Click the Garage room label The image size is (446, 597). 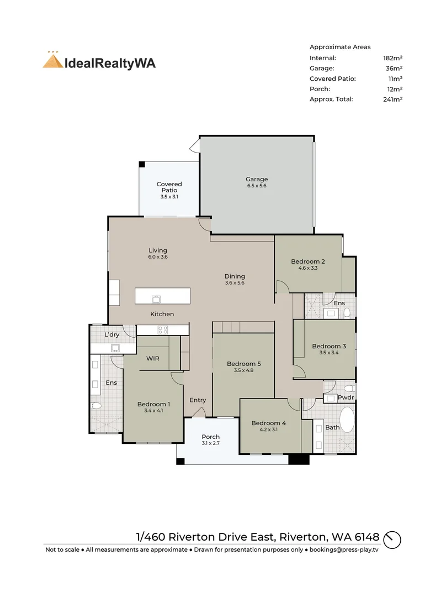coord(257,179)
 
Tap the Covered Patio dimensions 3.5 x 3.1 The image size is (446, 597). coord(169,197)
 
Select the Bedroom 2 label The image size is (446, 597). coord(308,261)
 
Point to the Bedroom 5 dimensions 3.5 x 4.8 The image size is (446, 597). coord(244,370)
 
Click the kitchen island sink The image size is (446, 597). coord(156,299)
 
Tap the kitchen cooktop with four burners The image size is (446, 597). coord(163,329)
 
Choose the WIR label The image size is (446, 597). coord(153,358)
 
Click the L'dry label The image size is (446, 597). coord(112,334)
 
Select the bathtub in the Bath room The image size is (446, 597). coord(347,420)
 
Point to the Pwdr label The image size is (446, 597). coord(346,397)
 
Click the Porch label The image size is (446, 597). coord(211,437)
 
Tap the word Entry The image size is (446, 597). coord(198,400)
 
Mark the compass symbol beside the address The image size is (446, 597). coord(392,540)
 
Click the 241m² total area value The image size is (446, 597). coord(393,99)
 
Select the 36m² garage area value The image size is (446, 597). coord(394,69)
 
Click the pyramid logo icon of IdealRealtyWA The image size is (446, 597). coord(53,61)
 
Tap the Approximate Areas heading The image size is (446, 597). coord(340,47)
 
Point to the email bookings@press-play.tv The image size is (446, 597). coord(344,549)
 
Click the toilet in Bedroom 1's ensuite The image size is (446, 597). coord(97,406)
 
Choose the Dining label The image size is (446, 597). coord(235,276)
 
